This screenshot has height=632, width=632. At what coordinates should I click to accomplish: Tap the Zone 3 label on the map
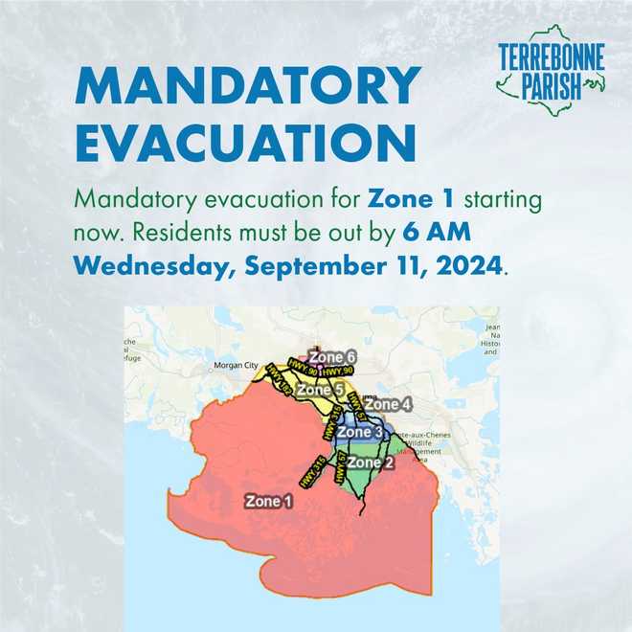coord(361,433)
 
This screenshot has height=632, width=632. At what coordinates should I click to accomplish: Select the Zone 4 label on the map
coord(391,405)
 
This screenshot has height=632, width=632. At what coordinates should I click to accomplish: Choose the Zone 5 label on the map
coord(319,391)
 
